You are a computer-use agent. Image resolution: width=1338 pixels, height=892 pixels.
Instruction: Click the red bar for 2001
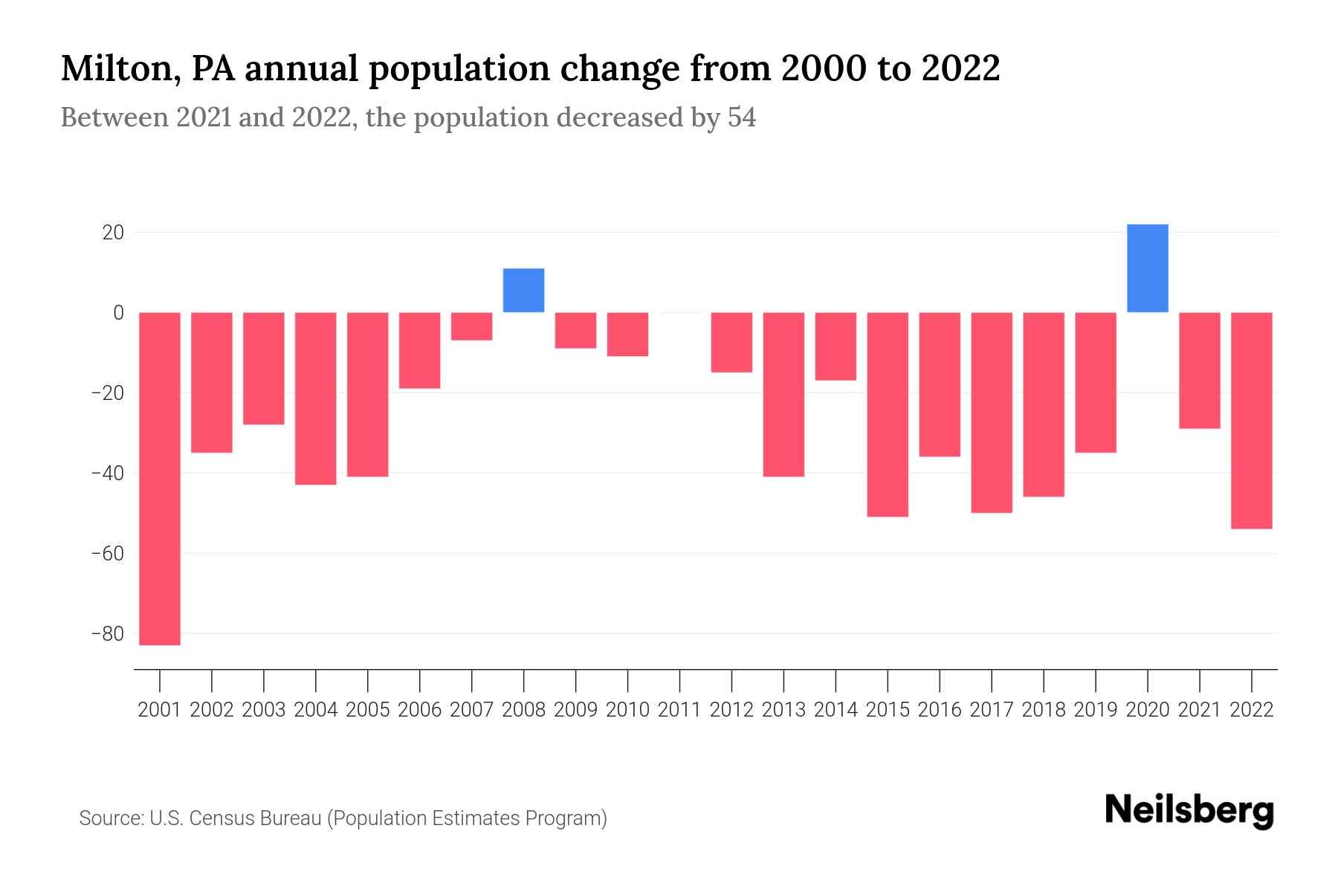pos(160,478)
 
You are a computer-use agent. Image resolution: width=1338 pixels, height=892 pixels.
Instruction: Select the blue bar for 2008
pos(523,290)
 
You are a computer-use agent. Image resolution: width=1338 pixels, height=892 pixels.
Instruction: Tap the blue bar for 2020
pos(1147,268)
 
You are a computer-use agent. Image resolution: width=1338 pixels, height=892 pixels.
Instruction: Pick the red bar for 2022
pos(1251,420)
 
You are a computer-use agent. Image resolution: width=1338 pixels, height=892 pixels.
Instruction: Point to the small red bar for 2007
pos(471,326)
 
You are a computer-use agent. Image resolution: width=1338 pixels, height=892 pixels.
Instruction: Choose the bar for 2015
pos(888,414)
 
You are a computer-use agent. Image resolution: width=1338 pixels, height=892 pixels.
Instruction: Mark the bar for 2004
pos(316,398)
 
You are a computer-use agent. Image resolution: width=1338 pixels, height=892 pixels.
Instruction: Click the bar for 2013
pos(783,394)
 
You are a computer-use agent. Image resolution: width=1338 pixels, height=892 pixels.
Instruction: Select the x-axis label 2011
pos(679,710)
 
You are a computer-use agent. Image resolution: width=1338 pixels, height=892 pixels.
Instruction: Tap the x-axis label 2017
pos(991,710)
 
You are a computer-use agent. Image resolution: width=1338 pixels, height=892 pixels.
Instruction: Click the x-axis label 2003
pos(264,710)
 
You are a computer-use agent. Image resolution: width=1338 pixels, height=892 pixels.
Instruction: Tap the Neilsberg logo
pos(1189,810)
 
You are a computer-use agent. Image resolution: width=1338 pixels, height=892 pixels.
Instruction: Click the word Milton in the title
pos(117,69)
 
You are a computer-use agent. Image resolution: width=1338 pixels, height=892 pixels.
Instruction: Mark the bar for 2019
pos(1095,382)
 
